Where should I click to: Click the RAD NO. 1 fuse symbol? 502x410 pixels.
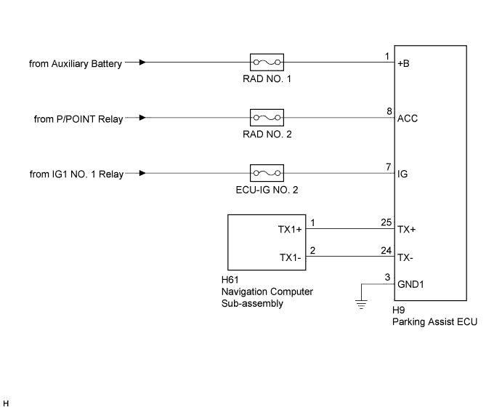pyautogui.click(x=266, y=62)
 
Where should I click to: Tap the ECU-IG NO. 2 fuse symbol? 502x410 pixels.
pyautogui.click(x=266, y=174)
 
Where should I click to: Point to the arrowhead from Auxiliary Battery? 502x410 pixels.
pyautogui.click(x=142, y=63)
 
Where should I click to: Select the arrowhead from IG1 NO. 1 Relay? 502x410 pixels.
pyautogui.click(x=142, y=174)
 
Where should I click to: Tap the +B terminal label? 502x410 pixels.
pyautogui.click(x=405, y=63)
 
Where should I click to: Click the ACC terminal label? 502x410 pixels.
pyautogui.click(x=408, y=118)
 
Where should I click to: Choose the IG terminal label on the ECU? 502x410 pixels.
pyautogui.click(x=402, y=174)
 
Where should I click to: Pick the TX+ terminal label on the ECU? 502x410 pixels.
pyautogui.click(x=407, y=229)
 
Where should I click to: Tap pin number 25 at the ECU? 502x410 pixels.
pyautogui.click(x=386, y=222)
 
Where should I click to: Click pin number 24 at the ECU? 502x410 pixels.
pyautogui.click(x=386, y=250)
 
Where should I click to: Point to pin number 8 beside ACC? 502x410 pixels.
pyautogui.click(x=389, y=111)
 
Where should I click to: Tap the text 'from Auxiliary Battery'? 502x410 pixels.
pyautogui.click(x=75, y=63)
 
